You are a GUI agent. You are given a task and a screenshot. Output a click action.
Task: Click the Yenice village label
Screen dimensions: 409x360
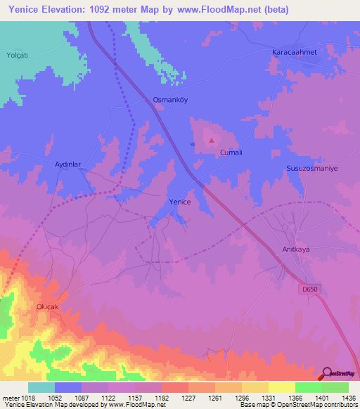pyautogui.click(x=180, y=202)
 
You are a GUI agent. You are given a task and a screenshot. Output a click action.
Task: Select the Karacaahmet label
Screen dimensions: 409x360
pyautogui.click(x=295, y=53)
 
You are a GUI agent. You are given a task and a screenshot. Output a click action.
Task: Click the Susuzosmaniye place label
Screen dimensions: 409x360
pyautogui.click(x=312, y=169)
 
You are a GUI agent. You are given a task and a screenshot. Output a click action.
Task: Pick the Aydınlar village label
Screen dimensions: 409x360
pyautogui.click(x=68, y=164)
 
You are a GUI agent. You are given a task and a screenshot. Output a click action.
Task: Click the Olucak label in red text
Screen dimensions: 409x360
pyautogui.click(x=50, y=308)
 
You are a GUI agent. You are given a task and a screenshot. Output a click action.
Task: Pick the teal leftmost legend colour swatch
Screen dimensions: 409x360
pyautogui.click(x=41, y=387)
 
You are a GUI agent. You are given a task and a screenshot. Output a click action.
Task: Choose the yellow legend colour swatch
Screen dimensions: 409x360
pyautogui.click(x=282, y=387)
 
